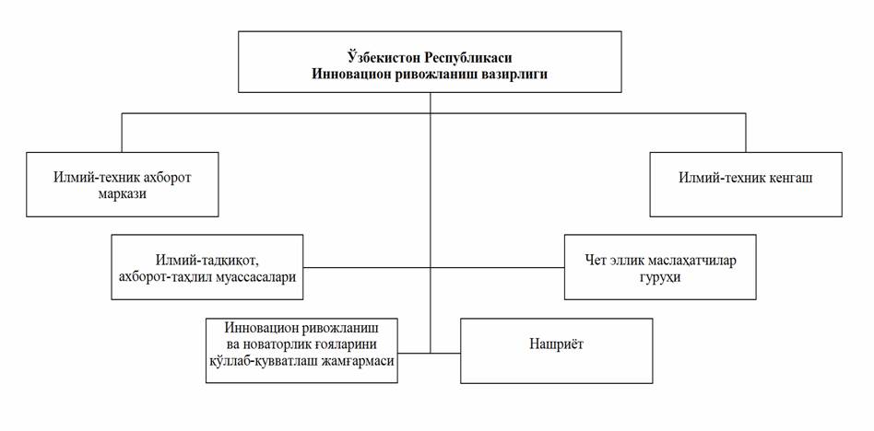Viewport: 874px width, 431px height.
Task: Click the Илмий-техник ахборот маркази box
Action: point(122,184)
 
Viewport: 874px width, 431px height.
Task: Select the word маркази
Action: point(123,194)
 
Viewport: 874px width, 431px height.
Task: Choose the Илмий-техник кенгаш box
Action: point(746,184)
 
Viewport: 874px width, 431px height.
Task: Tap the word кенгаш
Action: point(789,178)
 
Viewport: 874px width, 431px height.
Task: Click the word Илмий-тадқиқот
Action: point(207,260)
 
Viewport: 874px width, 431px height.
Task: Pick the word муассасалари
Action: point(260,276)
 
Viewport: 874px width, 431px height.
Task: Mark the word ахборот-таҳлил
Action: point(167,276)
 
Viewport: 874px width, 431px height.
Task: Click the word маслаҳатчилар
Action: point(694,261)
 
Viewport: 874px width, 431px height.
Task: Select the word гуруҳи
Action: point(660,277)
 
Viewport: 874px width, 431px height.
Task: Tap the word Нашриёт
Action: point(556,344)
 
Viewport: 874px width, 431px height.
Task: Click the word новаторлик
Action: point(277,344)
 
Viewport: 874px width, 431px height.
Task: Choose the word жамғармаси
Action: point(363,361)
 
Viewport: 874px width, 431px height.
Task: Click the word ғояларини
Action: point(341,344)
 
